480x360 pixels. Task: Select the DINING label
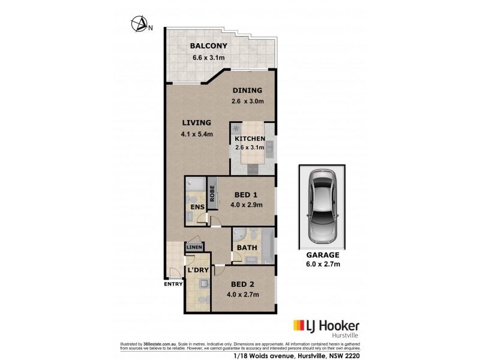point(248,91)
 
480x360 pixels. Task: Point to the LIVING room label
point(197,122)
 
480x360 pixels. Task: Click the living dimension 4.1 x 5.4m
point(197,134)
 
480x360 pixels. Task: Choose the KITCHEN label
point(250,139)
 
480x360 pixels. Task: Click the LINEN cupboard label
point(194,247)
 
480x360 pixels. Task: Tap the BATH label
point(247,247)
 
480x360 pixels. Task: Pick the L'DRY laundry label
point(198,270)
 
